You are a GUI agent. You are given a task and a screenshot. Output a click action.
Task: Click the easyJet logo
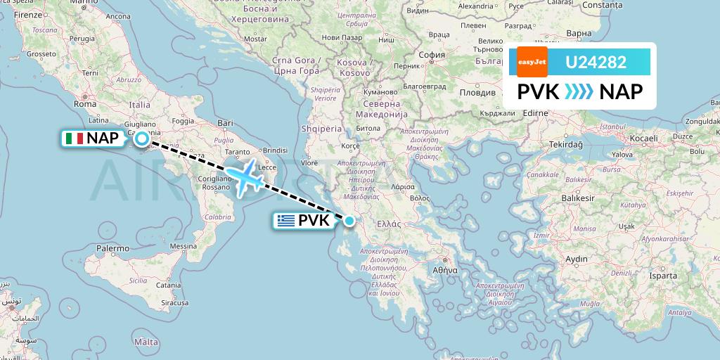point(532,62)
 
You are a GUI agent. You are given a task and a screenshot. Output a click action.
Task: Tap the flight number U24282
point(596,63)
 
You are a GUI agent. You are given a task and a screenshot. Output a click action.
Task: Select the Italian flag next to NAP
point(73,139)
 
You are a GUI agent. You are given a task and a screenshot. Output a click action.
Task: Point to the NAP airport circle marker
point(142,139)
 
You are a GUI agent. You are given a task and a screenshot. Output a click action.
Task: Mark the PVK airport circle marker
point(349,221)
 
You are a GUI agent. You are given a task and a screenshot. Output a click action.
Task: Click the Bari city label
point(225,122)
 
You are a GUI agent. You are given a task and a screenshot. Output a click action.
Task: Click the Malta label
point(146,342)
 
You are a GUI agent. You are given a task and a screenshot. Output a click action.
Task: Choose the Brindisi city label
point(275,150)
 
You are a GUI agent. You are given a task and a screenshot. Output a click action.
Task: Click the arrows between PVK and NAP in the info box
point(579,91)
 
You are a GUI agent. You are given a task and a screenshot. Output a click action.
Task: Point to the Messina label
point(183,246)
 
